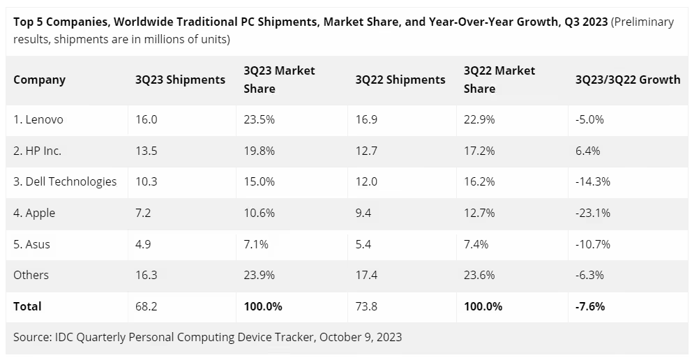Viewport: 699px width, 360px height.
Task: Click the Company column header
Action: (x=39, y=80)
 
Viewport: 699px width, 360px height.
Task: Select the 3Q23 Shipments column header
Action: (x=180, y=80)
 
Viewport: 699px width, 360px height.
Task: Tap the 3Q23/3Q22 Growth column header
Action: (x=627, y=80)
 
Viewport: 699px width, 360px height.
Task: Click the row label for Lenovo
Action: (x=38, y=119)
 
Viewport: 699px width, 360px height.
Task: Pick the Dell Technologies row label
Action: (x=65, y=181)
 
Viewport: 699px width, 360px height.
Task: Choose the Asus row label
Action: (x=31, y=244)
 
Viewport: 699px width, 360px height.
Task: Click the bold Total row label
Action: (x=27, y=306)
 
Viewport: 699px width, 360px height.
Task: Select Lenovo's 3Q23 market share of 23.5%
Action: (x=260, y=119)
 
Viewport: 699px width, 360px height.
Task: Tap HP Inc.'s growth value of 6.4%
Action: (x=587, y=151)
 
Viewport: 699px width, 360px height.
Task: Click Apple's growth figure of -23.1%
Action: (x=593, y=213)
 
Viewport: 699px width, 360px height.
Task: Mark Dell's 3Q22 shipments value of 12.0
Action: (x=366, y=181)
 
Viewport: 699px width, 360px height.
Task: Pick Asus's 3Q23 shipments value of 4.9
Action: (x=144, y=244)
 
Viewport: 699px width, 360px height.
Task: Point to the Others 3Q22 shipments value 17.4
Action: (x=366, y=275)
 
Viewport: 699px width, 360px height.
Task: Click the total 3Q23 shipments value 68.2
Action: (x=146, y=306)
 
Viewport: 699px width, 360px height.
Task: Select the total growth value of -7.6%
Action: (x=590, y=306)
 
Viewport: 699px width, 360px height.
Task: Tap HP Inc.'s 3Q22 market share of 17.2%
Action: (x=479, y=151)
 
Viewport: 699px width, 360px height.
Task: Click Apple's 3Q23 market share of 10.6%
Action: (x=260, y=213)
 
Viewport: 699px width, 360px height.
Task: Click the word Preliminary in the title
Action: (x=643, y=22)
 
